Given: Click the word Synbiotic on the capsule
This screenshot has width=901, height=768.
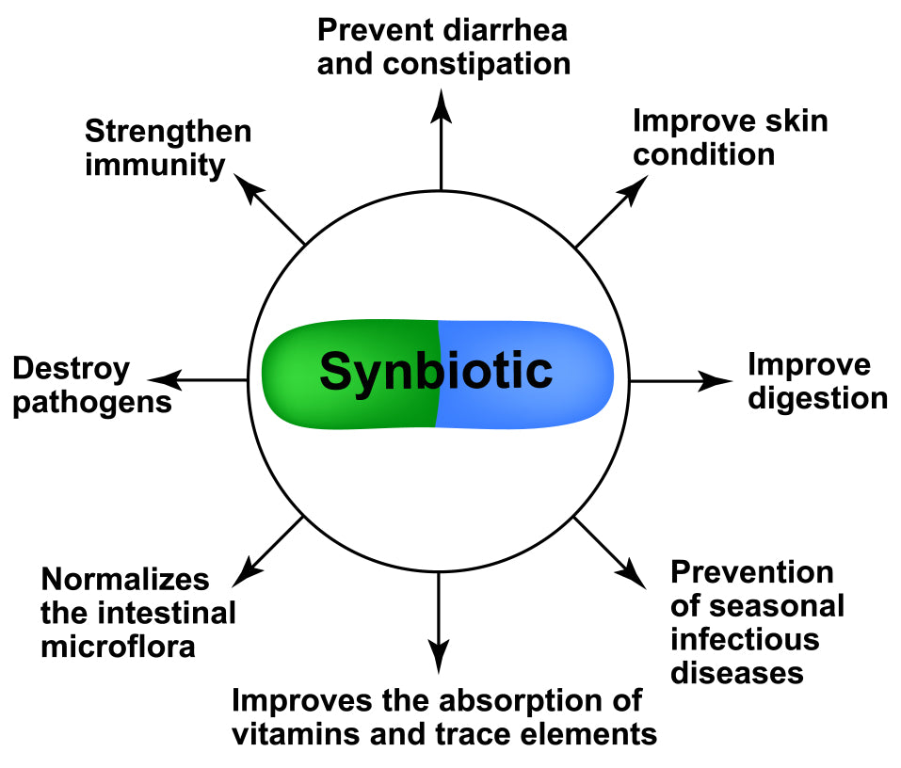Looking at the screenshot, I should point(435,371).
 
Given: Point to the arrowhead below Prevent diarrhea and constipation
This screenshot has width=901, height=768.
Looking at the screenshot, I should point(440,104).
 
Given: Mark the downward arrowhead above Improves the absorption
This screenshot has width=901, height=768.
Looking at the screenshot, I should point(438,657).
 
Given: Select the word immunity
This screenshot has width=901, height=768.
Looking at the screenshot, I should point(155,166).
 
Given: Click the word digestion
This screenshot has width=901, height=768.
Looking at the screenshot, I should point(817,398).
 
